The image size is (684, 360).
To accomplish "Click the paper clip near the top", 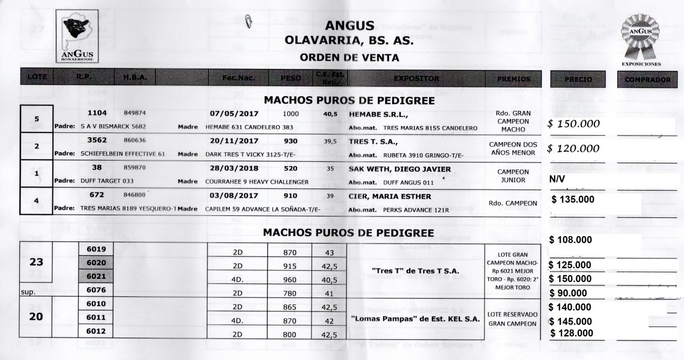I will pyautogui.click(x=249, y=21).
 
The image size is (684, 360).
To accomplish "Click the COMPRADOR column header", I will pyautogui.click(x=647, y=79).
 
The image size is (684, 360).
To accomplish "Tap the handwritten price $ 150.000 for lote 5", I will pyautogui.click(x=573, y=124).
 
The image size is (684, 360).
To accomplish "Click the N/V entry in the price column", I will pyautogui.click(x=558, y=181).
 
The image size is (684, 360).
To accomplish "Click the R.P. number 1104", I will pyautogui.click(x=97, y=113).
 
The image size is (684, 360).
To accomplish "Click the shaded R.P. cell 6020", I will pyautogui.click(x=96, y=263).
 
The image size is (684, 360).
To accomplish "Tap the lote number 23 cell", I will pyautogui.click(x=36, y=262).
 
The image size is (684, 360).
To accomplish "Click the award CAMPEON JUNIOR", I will pyautogui.click(x=512, y=176).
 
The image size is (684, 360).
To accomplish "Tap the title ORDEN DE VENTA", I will pyautogui.click(x=349, y=57).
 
